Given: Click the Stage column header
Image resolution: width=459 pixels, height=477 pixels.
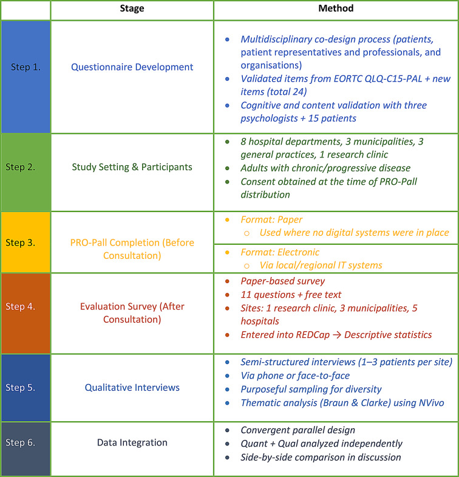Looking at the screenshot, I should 132,9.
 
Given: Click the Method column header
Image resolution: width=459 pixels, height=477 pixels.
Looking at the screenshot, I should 336,9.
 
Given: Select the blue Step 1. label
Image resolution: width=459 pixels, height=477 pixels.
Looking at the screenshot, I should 25,67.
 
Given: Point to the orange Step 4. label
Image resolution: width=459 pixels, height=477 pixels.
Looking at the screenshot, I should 25,306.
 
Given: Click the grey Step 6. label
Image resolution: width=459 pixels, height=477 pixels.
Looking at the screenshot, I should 25,442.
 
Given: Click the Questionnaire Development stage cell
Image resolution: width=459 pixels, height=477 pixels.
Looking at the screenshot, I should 132,67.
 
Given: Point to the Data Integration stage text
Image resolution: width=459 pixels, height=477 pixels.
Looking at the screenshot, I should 132,442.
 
